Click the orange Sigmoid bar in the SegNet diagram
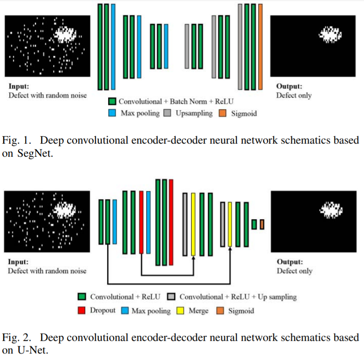(x=260, y=47)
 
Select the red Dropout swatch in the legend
(x=82, y=310)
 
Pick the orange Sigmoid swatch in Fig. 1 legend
(x=223, y=113)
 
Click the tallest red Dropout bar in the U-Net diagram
(x=172, y=222)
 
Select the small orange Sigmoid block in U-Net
(x=262, y=224)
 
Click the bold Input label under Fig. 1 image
(x=18, y=86)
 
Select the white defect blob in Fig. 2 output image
(x=331, y=210)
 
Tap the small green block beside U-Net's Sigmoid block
(x=254, y=224)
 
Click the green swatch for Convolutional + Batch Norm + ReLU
(x=112, y=101)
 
